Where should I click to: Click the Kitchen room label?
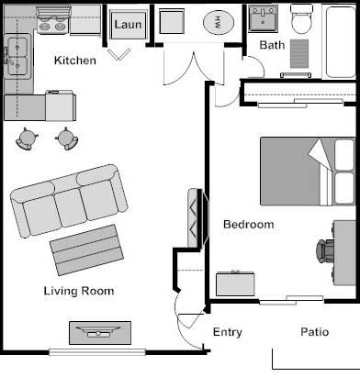coord(75,61)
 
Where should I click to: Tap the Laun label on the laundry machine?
coord(128,25)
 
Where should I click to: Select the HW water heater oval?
coord(219,23)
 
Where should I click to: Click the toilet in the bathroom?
coord(302,18)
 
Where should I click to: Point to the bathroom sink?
coord(263,18)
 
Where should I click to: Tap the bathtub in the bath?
coord(341,42)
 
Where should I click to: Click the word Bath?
coord(272,45)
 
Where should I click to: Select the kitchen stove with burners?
coord(54,21)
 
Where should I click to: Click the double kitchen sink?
coord(17,57)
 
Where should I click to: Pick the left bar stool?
coord(27,139)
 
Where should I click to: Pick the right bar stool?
coord(67,139)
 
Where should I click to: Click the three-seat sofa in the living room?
coord(69,201)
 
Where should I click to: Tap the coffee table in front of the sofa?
coord(86,249)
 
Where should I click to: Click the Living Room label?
coord(79,291)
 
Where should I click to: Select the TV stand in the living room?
coord(100,333)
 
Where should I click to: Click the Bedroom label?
coord(249,225)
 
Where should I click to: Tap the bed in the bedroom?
coord(308,172)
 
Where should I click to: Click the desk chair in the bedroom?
coord(325,251)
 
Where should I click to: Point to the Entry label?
coord(228,332)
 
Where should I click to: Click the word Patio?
coord(315,332)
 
